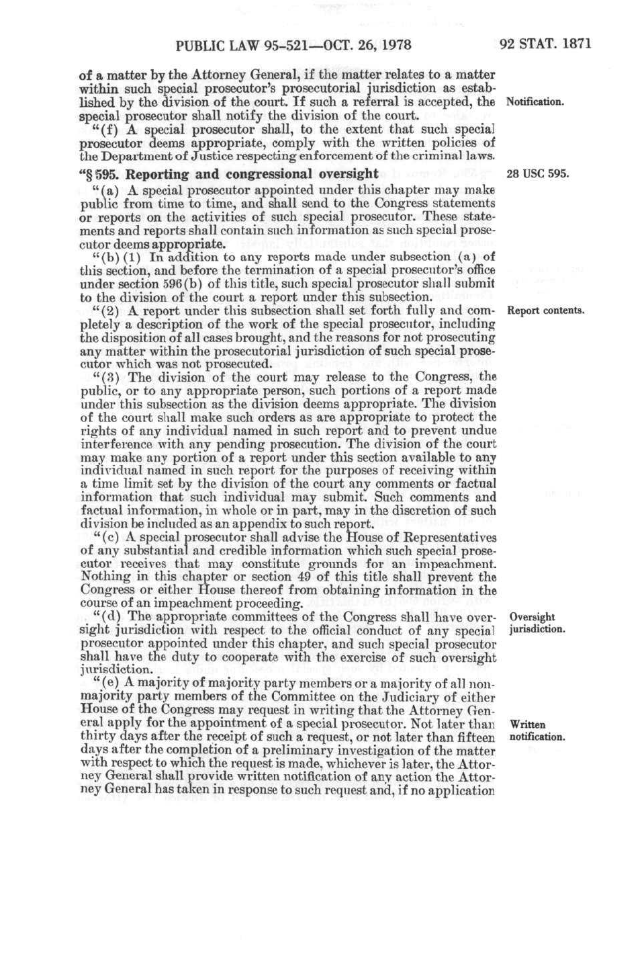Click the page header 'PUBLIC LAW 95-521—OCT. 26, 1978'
pos(293,46)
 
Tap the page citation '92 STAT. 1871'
pos(545,44)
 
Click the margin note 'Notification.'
pos(535,102)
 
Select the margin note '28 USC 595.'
pos(538,174)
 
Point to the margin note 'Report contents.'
pos(546,310)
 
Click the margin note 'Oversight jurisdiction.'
pos(537,623)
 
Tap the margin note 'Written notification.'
pos(537,731)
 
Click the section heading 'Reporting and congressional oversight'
pos(252,174)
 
